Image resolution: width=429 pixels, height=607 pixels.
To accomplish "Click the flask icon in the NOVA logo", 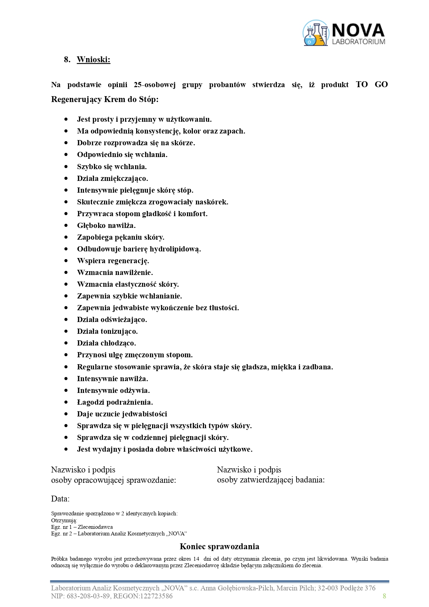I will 315,33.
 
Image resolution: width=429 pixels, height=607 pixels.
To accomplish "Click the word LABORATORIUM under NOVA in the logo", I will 358,42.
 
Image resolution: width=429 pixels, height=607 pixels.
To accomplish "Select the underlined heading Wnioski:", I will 93,59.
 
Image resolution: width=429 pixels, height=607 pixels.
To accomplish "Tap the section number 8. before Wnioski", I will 67,59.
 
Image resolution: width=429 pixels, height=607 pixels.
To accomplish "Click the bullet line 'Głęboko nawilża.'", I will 106,226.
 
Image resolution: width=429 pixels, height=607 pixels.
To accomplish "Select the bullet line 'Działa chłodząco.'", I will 106,343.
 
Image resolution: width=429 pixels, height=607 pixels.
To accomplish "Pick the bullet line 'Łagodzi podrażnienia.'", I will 115,402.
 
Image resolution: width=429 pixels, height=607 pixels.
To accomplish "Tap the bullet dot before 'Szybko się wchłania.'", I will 66,167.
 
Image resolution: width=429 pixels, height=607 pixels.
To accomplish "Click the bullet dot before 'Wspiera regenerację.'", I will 66,261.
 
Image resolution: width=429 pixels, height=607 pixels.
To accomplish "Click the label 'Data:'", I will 60,499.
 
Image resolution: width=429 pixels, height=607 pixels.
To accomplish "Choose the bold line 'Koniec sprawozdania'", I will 219,546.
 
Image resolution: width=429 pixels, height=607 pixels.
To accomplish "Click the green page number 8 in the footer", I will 384,596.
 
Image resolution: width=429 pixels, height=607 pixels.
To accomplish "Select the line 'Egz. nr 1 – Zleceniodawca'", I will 82,527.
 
